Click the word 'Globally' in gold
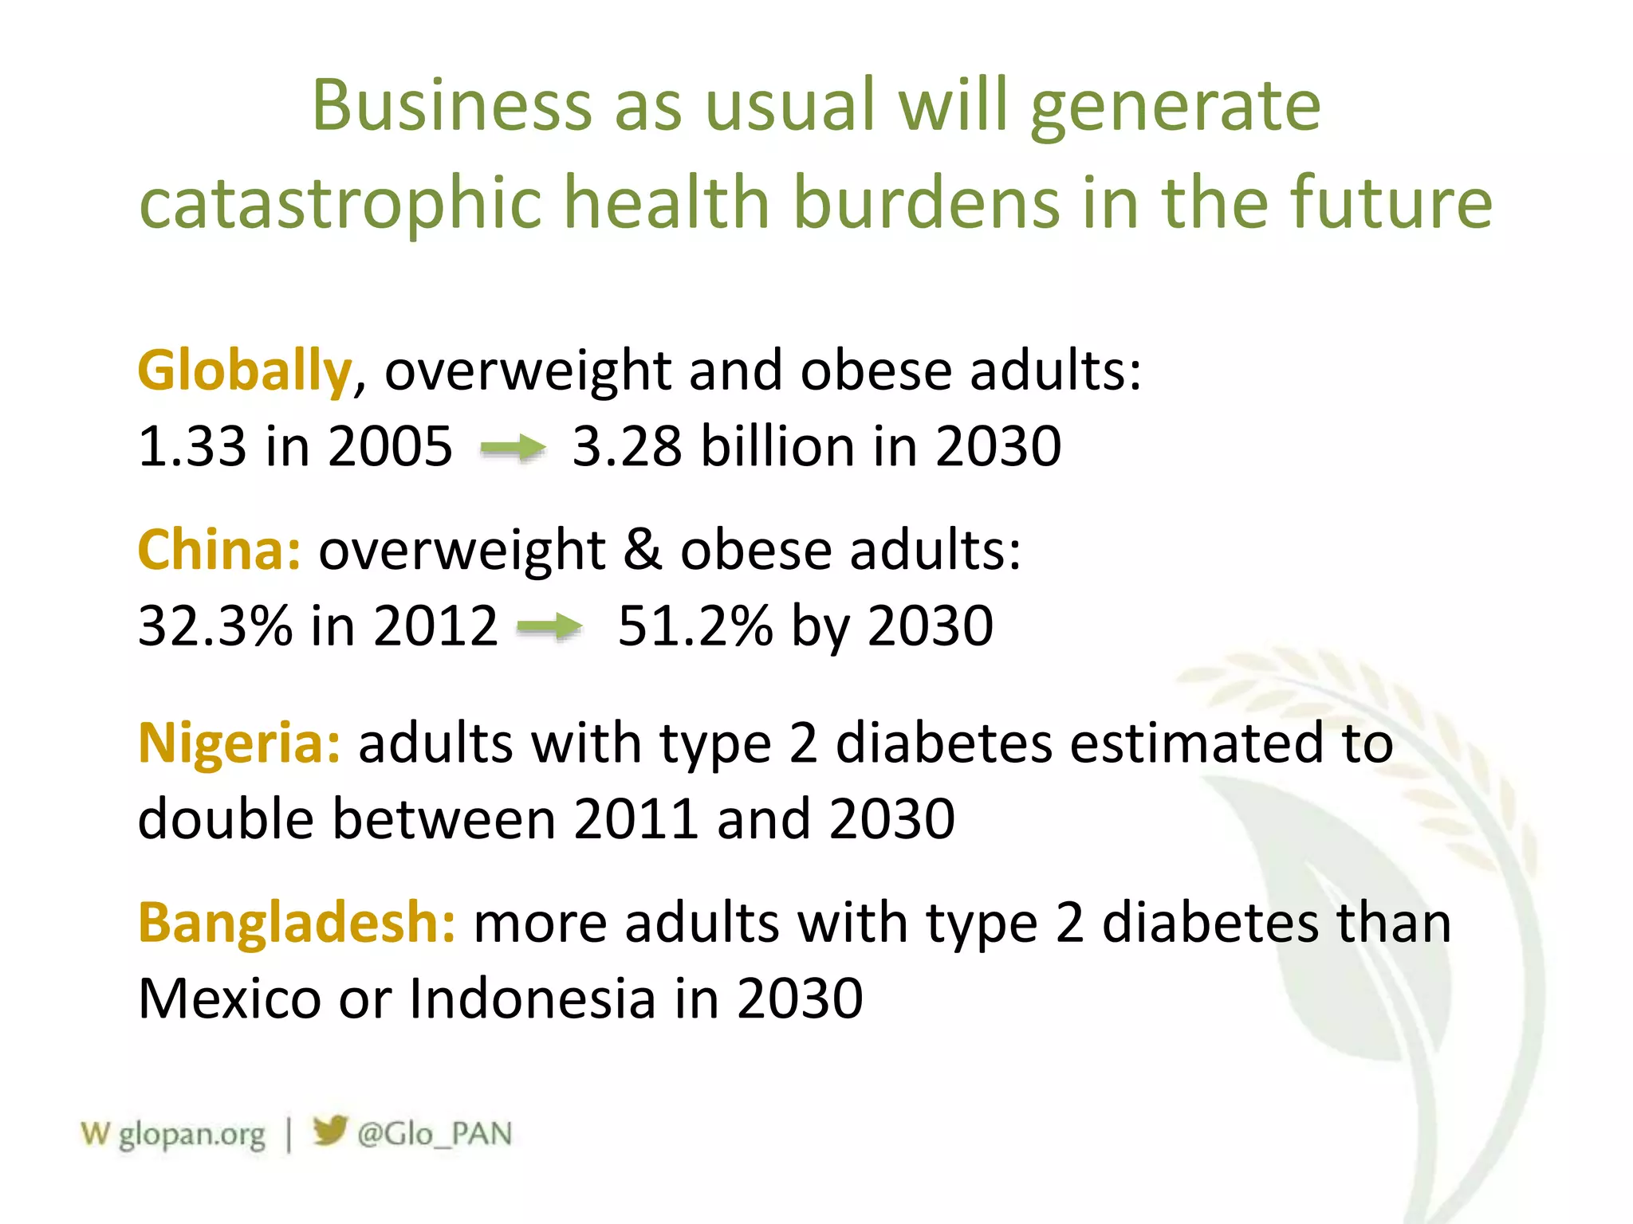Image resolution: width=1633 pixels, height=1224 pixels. (x=244, y=371)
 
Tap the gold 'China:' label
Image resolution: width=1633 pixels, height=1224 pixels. (x=219, y=550)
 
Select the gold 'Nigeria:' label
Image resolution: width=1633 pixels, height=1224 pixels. (x=239, y=743)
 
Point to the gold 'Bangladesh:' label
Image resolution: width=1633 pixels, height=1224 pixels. (x=297, y=923)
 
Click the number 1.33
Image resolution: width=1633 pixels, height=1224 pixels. (x=192, y=446)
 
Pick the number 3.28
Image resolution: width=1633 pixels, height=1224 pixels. (x=627, y=446)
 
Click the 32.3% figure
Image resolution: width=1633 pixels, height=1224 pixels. (x=215, y=626)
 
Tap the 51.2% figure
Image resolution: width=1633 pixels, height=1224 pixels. (x=695, y=626)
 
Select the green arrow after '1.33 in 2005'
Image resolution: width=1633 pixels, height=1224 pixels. (x=513, y=449)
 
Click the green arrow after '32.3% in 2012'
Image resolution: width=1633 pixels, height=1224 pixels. (x=549, y=627)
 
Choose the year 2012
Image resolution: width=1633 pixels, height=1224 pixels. (x=435, y=626)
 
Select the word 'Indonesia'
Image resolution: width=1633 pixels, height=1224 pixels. (x=532, y=998)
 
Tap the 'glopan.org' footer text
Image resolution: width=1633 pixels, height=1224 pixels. (x=191, y=1134)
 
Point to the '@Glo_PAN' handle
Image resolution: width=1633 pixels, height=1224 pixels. (x=435, y=1134)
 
